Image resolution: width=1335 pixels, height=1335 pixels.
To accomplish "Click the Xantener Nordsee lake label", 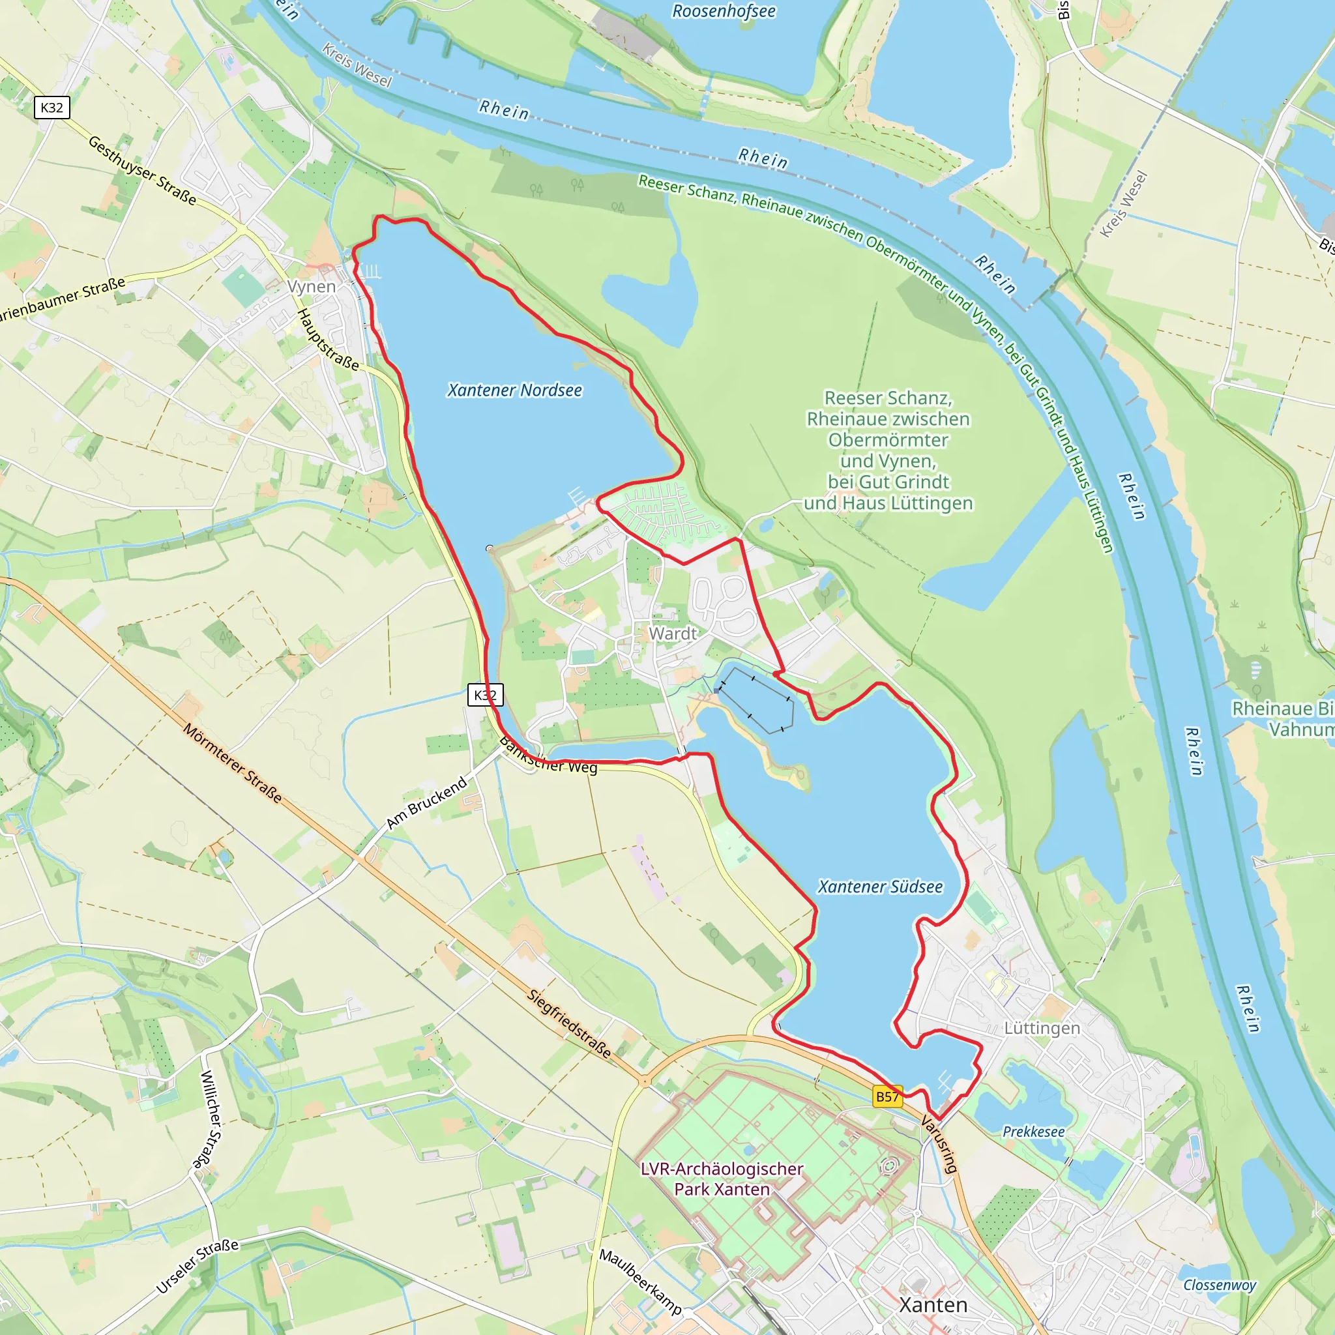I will coord(514,390).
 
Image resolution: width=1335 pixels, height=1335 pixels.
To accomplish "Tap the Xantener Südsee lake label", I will coord(879,887).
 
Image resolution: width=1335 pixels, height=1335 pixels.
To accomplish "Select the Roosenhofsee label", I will coord(724,12).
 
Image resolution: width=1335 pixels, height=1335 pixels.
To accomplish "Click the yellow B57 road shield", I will coord(887,1096).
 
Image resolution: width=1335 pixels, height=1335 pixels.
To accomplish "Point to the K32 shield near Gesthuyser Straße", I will coord(52,108).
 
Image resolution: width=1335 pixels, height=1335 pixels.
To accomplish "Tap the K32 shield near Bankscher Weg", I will coord(485,694).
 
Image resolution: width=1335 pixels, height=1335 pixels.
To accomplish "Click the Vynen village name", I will coord(312,286).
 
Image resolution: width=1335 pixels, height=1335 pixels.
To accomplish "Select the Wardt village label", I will coord(672,633).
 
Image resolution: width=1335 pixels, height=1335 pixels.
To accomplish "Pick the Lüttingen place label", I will coord(1041,1028).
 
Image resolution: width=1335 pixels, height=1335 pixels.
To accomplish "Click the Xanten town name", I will coord(933,1304).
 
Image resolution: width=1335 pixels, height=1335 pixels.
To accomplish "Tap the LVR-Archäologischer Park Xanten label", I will coord(722,1179).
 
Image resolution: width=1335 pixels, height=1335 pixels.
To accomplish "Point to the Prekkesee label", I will coord(1033,1132).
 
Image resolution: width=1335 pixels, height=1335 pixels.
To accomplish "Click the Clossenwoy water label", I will coord(1220,1285).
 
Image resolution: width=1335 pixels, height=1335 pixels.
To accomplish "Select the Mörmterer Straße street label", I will coord(232,763).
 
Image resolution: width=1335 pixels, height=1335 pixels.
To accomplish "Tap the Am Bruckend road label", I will coord(426,803).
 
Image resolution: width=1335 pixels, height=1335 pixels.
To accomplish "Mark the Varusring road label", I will coord(939,1144).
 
